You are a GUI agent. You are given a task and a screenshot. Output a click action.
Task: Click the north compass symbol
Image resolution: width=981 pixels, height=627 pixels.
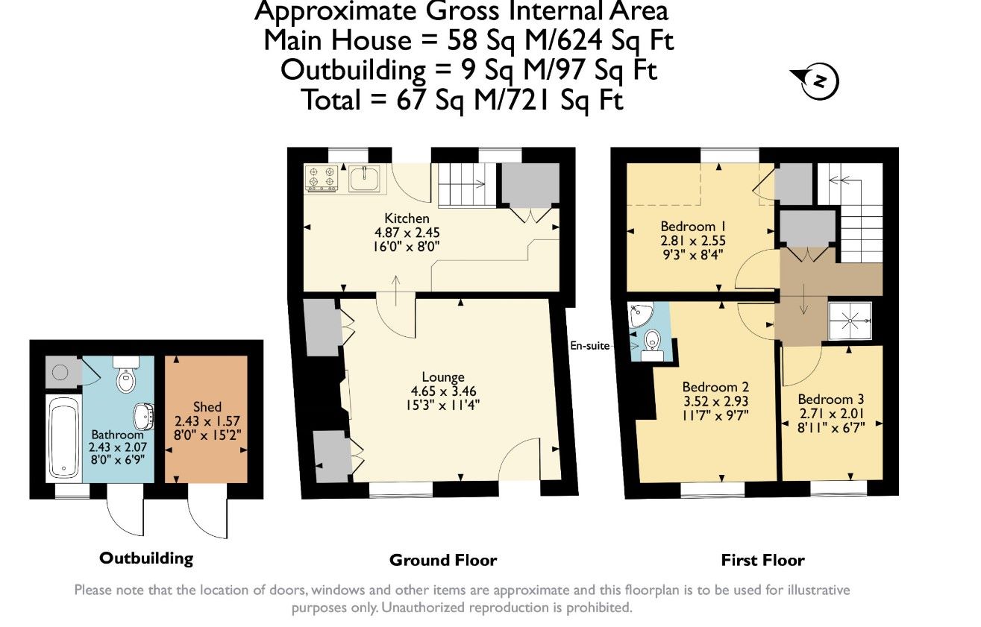point(815,81)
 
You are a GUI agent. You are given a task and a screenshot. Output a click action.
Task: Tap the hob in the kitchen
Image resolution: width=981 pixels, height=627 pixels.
point(322,177)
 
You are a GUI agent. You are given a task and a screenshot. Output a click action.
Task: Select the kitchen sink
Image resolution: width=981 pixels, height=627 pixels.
point(364,178)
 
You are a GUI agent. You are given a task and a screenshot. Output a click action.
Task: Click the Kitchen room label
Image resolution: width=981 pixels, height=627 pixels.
point(407,218)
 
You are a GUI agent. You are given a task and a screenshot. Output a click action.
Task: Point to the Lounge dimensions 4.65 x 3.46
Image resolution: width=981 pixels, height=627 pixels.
point(443,391)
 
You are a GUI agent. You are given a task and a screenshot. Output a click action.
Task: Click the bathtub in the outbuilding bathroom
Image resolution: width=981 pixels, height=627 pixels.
point(64,437)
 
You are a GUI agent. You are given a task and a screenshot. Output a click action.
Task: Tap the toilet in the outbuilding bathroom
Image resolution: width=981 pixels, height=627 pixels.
point(126,374)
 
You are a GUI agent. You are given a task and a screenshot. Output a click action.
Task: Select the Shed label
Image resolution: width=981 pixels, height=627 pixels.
point(207,407)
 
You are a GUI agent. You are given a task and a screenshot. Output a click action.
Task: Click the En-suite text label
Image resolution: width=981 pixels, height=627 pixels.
point(589,346)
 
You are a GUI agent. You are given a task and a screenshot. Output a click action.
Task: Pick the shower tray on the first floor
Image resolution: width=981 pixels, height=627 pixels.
point(850,321)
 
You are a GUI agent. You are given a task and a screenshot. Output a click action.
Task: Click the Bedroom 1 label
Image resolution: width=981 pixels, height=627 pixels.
point(693,226)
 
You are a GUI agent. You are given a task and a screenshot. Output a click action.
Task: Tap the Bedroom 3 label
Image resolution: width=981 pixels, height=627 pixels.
point(831,399)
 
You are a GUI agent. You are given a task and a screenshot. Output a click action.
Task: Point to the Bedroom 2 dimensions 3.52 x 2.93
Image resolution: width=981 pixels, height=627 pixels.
point(715,401)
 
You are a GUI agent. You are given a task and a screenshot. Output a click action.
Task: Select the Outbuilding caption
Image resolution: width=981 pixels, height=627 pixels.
point(146,558)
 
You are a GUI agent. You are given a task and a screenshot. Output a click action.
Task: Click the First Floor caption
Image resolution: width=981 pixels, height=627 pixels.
point(763,560)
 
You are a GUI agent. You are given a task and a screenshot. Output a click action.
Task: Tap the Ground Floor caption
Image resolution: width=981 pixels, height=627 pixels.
point(443,560)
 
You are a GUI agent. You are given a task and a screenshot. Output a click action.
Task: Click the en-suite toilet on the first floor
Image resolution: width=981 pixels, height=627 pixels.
point(652,344)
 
